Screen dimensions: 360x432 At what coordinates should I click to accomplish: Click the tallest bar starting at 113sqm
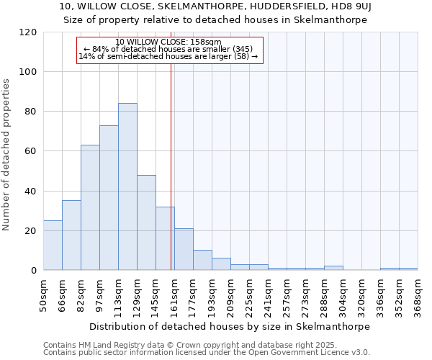127,186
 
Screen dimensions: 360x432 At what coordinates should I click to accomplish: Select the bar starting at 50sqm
53,245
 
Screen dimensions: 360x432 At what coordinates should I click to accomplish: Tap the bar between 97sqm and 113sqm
109,198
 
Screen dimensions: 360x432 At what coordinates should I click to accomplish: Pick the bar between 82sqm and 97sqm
90,207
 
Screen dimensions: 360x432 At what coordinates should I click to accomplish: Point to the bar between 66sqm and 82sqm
71,235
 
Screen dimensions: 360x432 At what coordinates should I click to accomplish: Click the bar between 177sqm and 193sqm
202,260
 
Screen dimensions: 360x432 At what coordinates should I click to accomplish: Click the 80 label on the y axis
32,112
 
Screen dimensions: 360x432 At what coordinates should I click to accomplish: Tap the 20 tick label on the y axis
32,231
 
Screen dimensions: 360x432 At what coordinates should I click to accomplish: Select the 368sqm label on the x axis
418,295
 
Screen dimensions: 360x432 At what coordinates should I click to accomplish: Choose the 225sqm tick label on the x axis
250,295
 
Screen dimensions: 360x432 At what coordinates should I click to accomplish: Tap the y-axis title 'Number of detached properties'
6,155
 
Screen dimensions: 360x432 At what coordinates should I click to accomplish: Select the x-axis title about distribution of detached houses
230,326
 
